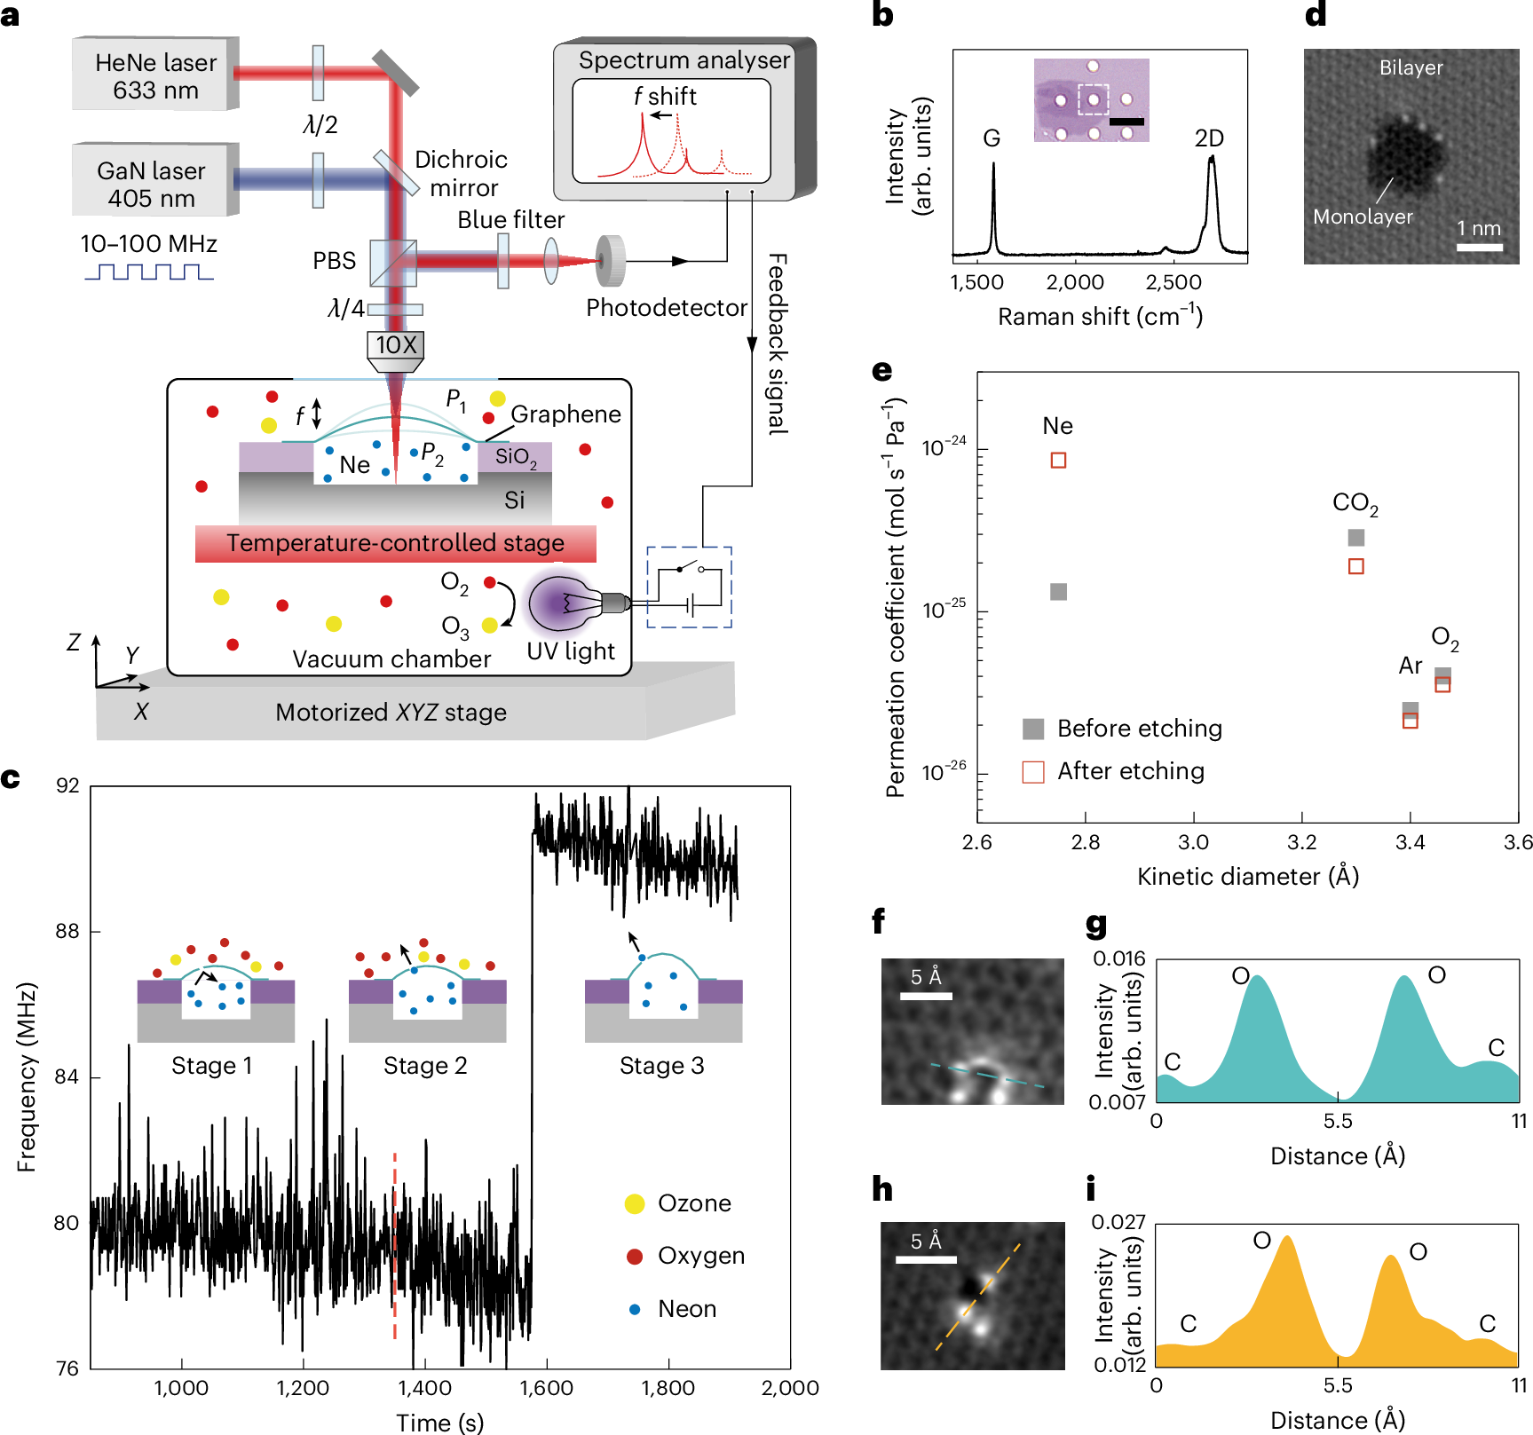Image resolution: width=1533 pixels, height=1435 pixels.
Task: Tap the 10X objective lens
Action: click(x=396, y=347)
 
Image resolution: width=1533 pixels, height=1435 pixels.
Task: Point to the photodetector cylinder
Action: click(x=611, y=261)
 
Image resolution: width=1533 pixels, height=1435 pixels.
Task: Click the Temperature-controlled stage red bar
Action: click(x=395, y=543)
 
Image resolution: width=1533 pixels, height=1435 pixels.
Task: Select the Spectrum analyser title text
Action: click(x=684, y=60)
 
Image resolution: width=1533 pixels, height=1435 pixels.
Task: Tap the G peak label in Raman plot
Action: click(x=992, y=138)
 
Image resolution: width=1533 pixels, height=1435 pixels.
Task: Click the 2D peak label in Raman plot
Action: click(x=1208, y=138)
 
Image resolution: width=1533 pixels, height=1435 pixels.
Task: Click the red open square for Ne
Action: click(x=1058, y=460)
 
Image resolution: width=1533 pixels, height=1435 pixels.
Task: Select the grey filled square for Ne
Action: click(x=1058, y=592)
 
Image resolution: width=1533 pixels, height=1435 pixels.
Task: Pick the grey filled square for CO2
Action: click(x=1355, y=537)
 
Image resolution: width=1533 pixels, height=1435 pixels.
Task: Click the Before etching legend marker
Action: click(x=1033, y=729)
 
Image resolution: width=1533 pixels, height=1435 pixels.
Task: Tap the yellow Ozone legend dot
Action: click(x=635, y=1203)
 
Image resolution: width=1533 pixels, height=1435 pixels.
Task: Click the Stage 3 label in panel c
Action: click(x=661, y=1066)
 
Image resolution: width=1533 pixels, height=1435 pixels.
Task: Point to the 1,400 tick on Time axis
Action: click(x=424, y=1388)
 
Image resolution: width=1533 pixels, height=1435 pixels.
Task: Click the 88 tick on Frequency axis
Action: click(x=67, y=931)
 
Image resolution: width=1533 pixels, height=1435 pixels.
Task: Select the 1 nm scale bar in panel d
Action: click(x=1480, y=248)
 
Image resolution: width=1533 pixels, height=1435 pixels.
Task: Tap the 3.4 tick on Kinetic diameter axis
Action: click(x=1410, y=842)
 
